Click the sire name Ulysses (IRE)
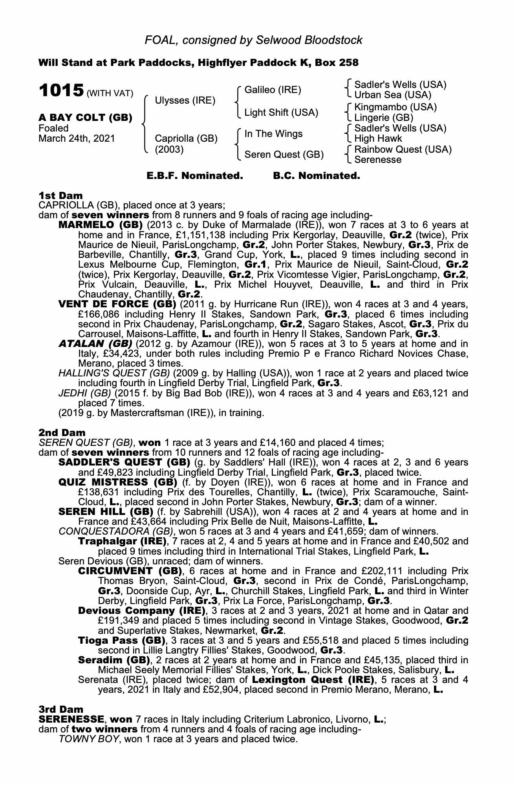[x=185, y=100]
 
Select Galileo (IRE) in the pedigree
[x=273, y=90]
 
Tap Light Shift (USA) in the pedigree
[x=281, y=113]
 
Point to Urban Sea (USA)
[x=393, y=95]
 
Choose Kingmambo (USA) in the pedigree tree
[x=395, y=107]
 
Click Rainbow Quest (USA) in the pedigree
[x=403, y=150]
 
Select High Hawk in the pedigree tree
[x=378, y=139]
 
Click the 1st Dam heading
[x=60, y=195]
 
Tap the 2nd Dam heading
[x=62, y=433]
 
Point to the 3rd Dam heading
[x=61, y=709]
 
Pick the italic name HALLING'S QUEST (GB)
[x=114, y=373]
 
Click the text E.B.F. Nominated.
[x=195, y=176]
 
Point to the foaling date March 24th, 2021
[x=77, y=139]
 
